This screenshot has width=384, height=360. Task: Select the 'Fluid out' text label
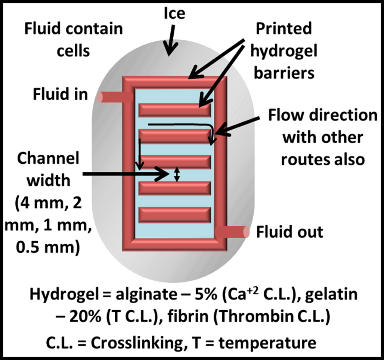point(289,232)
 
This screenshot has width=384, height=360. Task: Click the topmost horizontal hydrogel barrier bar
point(175,110)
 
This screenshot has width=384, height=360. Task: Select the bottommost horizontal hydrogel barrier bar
point(175,214)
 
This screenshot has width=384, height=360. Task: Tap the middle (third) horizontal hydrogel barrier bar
point(175,162)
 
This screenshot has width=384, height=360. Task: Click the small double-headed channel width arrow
point(177,174)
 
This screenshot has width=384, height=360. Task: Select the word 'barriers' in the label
point(284,73)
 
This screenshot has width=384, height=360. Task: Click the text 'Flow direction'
point(323,115)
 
